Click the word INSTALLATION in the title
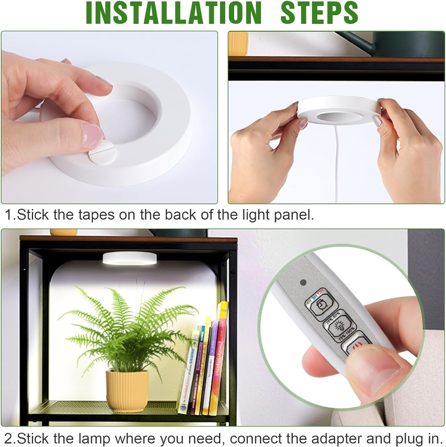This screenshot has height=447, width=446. click(x=173, y=13)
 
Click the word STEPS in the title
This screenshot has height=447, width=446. click(x=319, y=13)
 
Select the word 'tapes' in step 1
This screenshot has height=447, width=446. click(x=96, y=215)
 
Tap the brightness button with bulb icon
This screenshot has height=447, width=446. click(x=339, y=327)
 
